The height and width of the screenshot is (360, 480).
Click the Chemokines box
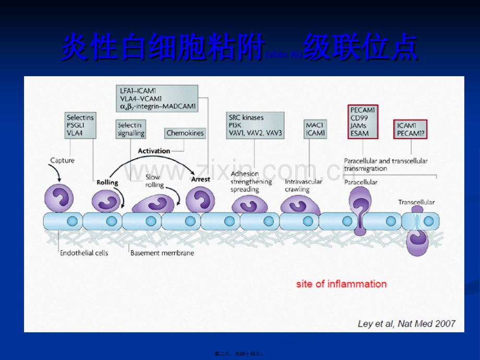185,133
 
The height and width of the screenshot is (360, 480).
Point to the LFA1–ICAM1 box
157,99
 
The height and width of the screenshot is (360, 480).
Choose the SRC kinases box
255,125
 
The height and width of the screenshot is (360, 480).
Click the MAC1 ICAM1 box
316,129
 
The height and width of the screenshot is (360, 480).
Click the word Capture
62,160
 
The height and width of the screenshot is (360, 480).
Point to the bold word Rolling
107,183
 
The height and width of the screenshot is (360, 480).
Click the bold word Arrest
200,179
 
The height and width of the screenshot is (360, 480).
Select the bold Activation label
153,151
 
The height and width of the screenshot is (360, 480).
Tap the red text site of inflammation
341,284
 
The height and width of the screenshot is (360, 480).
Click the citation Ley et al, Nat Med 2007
406,323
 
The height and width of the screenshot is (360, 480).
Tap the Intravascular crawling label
304,186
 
